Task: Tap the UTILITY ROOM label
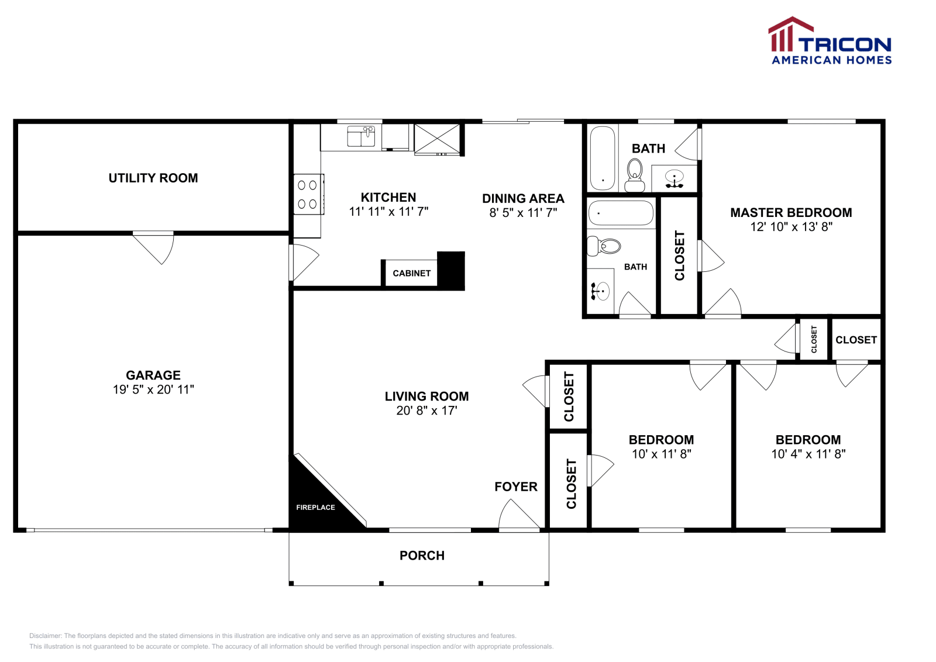tap(153, 178)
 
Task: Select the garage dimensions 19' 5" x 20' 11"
tap(153, 389)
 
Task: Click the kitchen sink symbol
tap(361, 136)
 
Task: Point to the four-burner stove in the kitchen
tap(307, 195)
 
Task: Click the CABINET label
tap(411, 273)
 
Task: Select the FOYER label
tap(515, 487)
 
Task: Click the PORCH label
tap(422, 556)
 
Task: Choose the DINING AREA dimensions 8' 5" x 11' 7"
tap(523, 213)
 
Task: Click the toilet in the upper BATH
tap(635, 175)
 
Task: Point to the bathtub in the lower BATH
tap(620, 213)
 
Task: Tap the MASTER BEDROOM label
tap(791, 213)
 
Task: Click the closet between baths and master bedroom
tap(679, 256)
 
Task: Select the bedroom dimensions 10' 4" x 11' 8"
tap(808, 454)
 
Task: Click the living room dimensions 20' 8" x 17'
tap(426, 411)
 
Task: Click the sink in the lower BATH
tap(600, 291)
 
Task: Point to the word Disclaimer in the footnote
tap(46, 636)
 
